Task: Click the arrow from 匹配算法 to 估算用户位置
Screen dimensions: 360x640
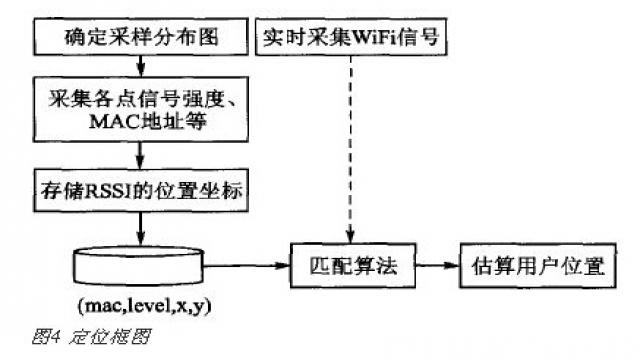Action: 435,267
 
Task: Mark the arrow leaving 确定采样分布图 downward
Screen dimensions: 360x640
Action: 141,69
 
